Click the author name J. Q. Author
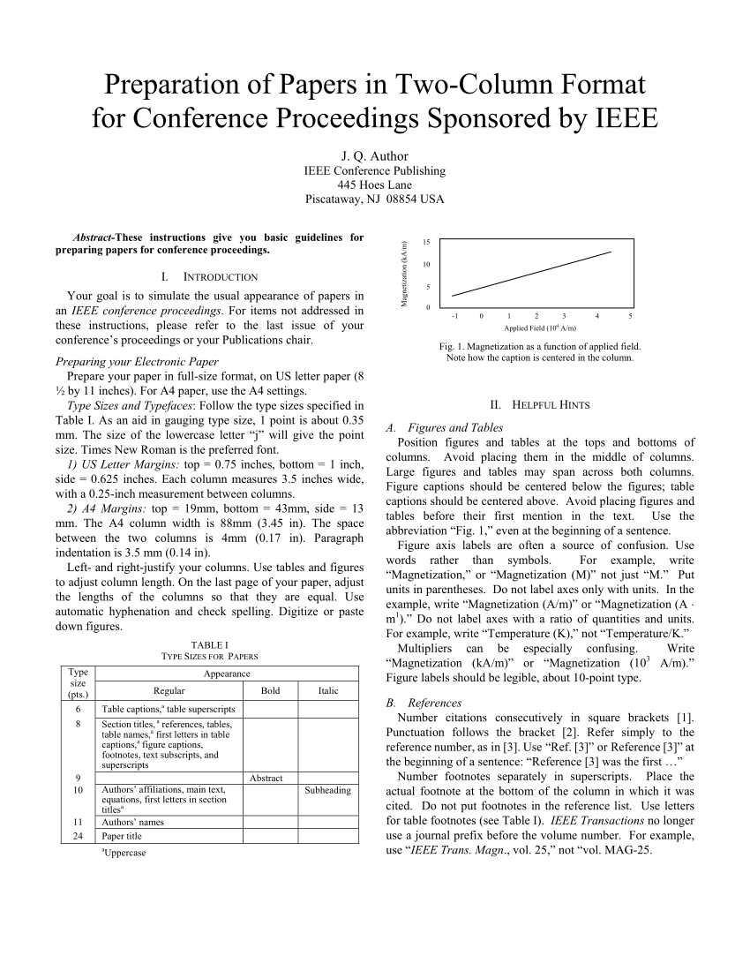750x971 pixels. pos(374,156)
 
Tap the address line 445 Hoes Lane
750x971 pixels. pos(374,184)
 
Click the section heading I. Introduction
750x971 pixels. pos(210,276)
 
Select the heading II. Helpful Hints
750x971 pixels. pos(540,404)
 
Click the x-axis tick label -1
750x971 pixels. pos(454,315)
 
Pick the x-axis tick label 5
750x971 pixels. pos(630,315)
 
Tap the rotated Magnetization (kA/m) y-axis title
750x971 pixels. pos(403,275)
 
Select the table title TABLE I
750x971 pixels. pos(209,644)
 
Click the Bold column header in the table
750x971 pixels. pos(270,691)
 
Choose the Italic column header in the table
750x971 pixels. pos(328,691)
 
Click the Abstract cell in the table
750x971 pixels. pos(266,778)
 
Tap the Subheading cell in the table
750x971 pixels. pos(327,790)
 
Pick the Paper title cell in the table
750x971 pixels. pos(122,836)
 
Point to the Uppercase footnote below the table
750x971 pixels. pos(124,853)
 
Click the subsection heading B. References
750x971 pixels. pos(424,703)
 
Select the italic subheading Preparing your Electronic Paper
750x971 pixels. pos(137,361)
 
